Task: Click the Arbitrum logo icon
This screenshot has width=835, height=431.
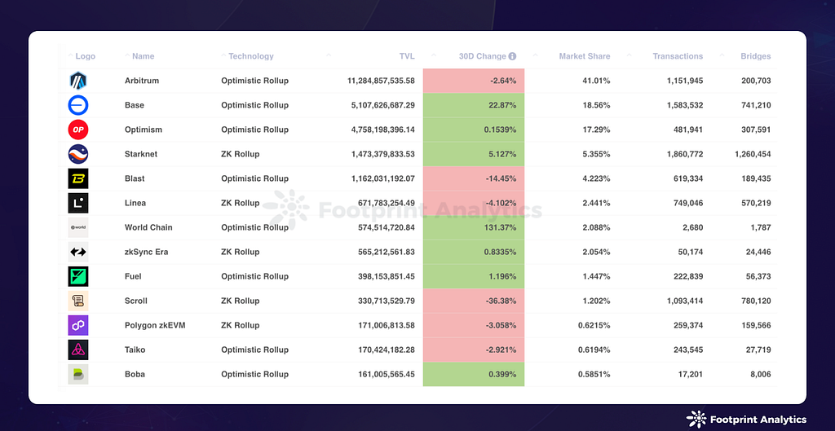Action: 78,81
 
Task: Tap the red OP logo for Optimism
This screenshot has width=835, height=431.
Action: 78,130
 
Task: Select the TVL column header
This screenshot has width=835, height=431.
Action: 406,56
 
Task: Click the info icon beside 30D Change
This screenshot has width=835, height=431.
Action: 512,56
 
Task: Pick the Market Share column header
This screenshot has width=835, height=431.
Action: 584,56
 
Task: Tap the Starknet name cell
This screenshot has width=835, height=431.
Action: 141,154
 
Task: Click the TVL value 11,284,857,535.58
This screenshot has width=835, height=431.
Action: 381,81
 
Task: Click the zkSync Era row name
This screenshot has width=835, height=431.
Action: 146,252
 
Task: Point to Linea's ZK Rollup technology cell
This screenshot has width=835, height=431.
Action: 240,203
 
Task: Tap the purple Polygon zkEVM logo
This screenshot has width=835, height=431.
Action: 78,325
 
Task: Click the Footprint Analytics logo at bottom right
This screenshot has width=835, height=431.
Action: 745,419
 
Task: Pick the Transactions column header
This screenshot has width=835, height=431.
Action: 677,56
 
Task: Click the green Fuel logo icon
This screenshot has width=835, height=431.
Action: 78,276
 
